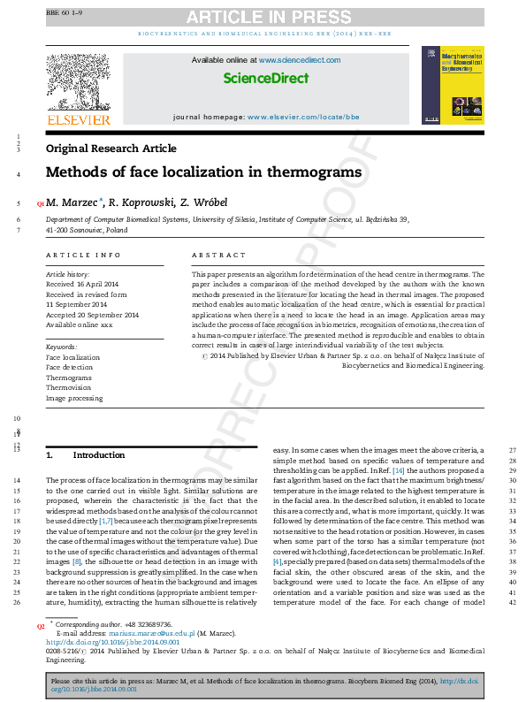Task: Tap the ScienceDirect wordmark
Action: (x=265, y=79)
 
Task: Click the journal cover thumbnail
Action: (x=454, y=85)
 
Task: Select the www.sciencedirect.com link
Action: (x=300, y=60)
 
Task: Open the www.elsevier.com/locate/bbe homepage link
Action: (x=303, y=117)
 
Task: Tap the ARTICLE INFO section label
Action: (x=83, y=255)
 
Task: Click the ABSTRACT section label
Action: (x=218, y=255)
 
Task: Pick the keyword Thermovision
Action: (x=69, y=388)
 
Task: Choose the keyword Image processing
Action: (x=74, y=399)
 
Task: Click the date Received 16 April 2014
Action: (x=83, y=285)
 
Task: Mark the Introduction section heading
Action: (x=99, y=454)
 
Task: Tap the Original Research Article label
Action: (x=111, y=149)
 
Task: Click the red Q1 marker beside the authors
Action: (x=40, y=203)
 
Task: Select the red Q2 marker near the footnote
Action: (x=40, y=626)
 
